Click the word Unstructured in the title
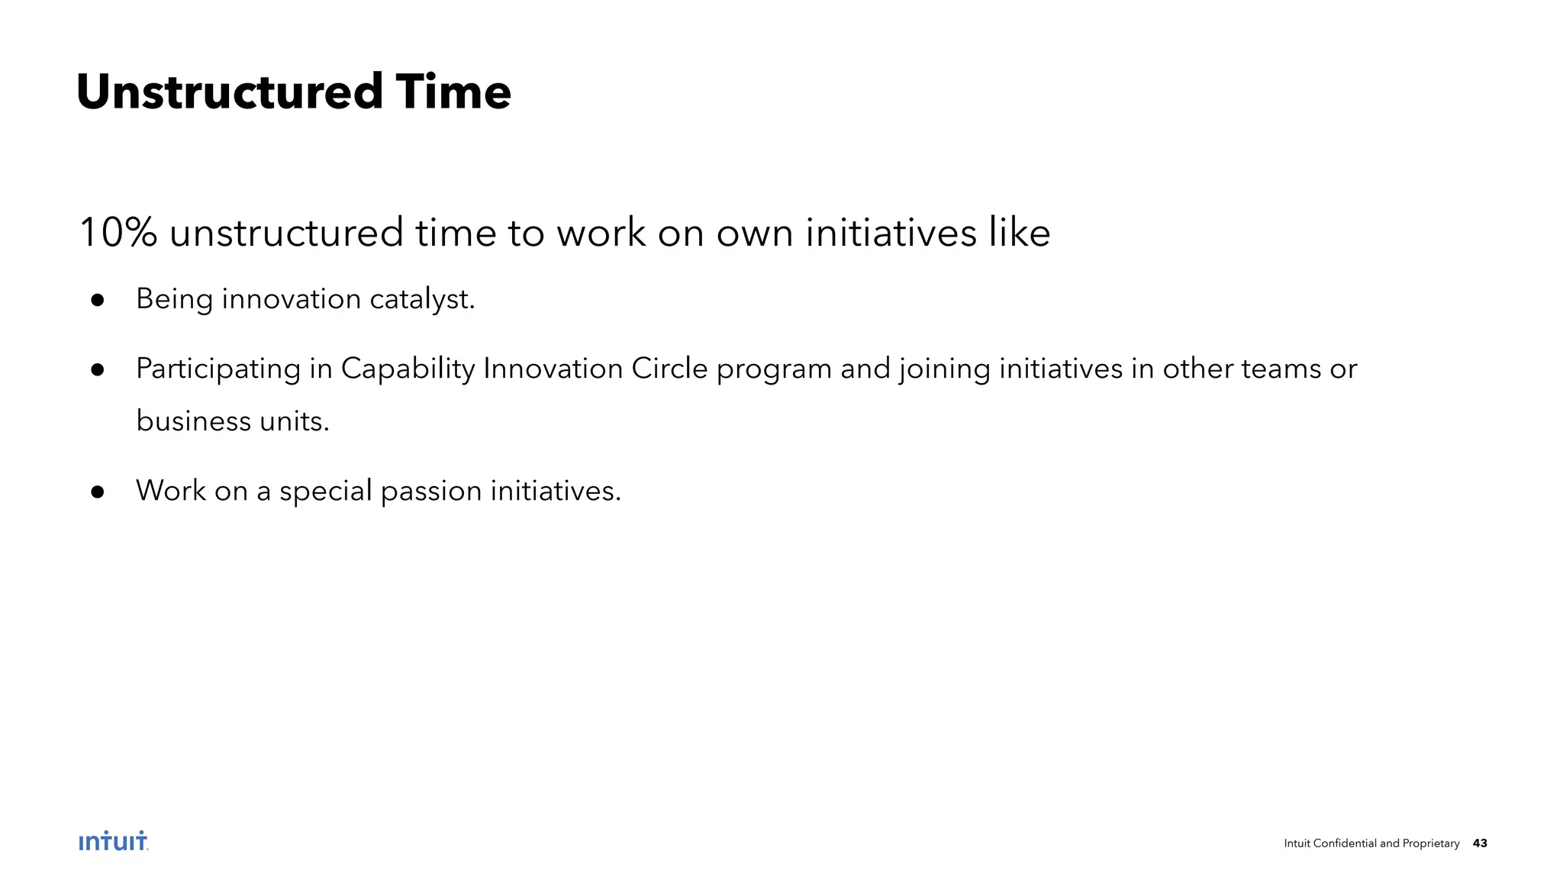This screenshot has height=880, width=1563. click(x=229, y=92)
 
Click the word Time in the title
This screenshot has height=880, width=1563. click(x=453, y=92)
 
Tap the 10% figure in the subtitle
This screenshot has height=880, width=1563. click(x=118, y=233)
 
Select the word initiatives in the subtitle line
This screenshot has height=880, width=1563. click(x=891, y=233)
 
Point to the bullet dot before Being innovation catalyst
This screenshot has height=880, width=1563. click(x=97, y=300)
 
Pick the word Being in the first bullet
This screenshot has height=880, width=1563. click(x=174, y=299)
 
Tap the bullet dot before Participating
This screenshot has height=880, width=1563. click(x=97, y=370)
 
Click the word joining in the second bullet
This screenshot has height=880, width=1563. click(x=944, y=369)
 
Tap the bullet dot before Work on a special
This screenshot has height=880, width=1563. click(x=97, y=492)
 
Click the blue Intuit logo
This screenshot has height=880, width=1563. click(x=113, y=841)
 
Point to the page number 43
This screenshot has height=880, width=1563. click(x=1480, y=843)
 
